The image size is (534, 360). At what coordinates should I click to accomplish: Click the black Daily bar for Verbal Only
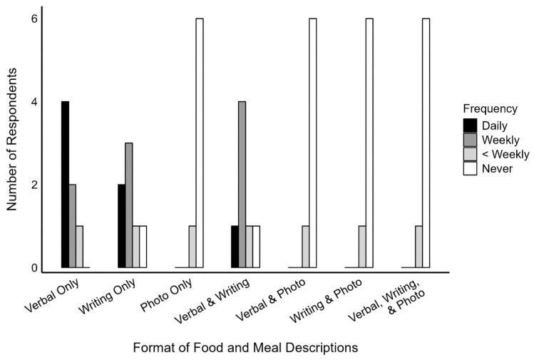(x=65, y=185)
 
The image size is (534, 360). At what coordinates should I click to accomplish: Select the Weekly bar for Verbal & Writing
(x=242, y=185)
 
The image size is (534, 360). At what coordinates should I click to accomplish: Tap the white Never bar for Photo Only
(x=200, y=143)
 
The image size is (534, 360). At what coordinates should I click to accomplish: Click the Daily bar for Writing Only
(x=122, y=226)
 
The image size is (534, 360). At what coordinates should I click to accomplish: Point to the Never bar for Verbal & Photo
(x=312, y=143)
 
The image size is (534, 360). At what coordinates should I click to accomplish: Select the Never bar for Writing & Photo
(x=369, y=143)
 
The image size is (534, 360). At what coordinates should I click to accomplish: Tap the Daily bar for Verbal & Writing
(x=235, y=247)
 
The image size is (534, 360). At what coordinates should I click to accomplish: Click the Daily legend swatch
(x=471, y=125)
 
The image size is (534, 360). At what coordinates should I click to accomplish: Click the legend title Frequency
(x=490, y=109)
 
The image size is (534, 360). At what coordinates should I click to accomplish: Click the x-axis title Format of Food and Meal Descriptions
(x=245, y=347)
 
